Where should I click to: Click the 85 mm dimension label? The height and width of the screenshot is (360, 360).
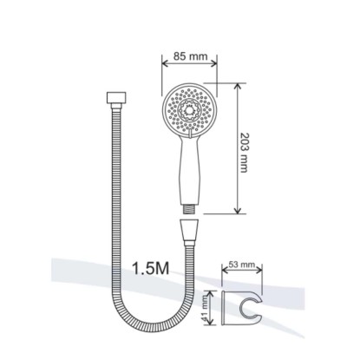pyautogui.click(x=190, y=56)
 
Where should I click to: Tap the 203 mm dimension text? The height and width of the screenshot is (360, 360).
pyautogui.click(x=244, y=153)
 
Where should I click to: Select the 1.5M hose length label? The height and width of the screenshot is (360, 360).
pyautogui.click(x=150, y=268)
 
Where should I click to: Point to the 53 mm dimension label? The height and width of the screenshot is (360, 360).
pyautogui.click(x=242, y=265)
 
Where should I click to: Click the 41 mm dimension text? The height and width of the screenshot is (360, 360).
pyautogui.click(x=206, y=308)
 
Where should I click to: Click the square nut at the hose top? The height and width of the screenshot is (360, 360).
pyautogui.click(x=116, y=97)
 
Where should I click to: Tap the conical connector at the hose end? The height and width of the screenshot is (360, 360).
pyautogui.click(x=189, y=232)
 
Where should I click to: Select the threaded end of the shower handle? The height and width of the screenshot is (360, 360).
pyautogui.click(x=189, y=209)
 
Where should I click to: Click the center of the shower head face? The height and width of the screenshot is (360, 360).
pyautogui.click(x=189, y=110)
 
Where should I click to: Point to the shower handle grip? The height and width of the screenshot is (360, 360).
pyautogui.click(x=189, y=171)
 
